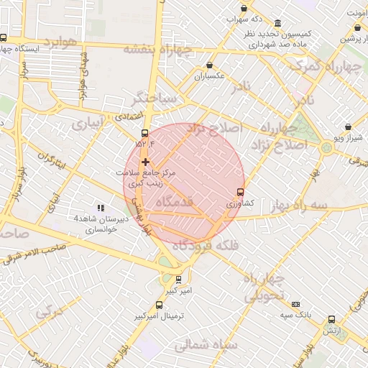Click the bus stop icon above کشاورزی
pyautogui.click(x=240, y=192)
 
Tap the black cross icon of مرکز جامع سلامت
pyautogui.click(x=146, y=162)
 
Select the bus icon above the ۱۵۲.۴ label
pyautogui.click(x=146, y=134)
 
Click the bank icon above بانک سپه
pyautogui.click(x=295, y=304)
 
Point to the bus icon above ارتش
pyautogui.click(x=331, y=319)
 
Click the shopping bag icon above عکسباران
pyautogui.click(x=209, y=65)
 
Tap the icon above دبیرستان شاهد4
pyautogui.click(x=101, y=208)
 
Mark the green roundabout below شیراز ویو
pyautogui.click(x=327, y=147)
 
